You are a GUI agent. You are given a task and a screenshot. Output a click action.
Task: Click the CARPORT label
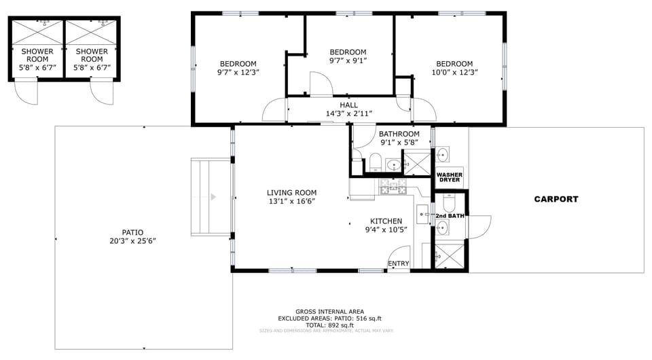tap(556, 199)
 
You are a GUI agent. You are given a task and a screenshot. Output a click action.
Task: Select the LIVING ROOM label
tap(291, 193)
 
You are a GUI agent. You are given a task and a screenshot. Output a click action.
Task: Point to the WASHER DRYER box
tap(449, 177)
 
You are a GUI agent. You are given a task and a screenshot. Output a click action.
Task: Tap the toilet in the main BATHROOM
tap(374, 161)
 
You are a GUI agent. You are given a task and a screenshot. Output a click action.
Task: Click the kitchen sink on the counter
tap(422, 214)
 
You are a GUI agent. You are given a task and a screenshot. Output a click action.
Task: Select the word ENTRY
tap(399, 264)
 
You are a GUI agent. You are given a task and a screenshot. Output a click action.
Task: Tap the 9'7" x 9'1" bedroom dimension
tap(348, 60)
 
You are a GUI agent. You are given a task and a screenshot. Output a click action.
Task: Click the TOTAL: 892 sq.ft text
tap(329, 325)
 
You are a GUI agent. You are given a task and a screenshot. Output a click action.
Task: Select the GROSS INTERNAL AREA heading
tap(329, 312)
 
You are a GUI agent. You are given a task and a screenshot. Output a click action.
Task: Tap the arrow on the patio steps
tap(213, 197)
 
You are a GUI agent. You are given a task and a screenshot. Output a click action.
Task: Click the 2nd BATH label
tap(450, 216)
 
